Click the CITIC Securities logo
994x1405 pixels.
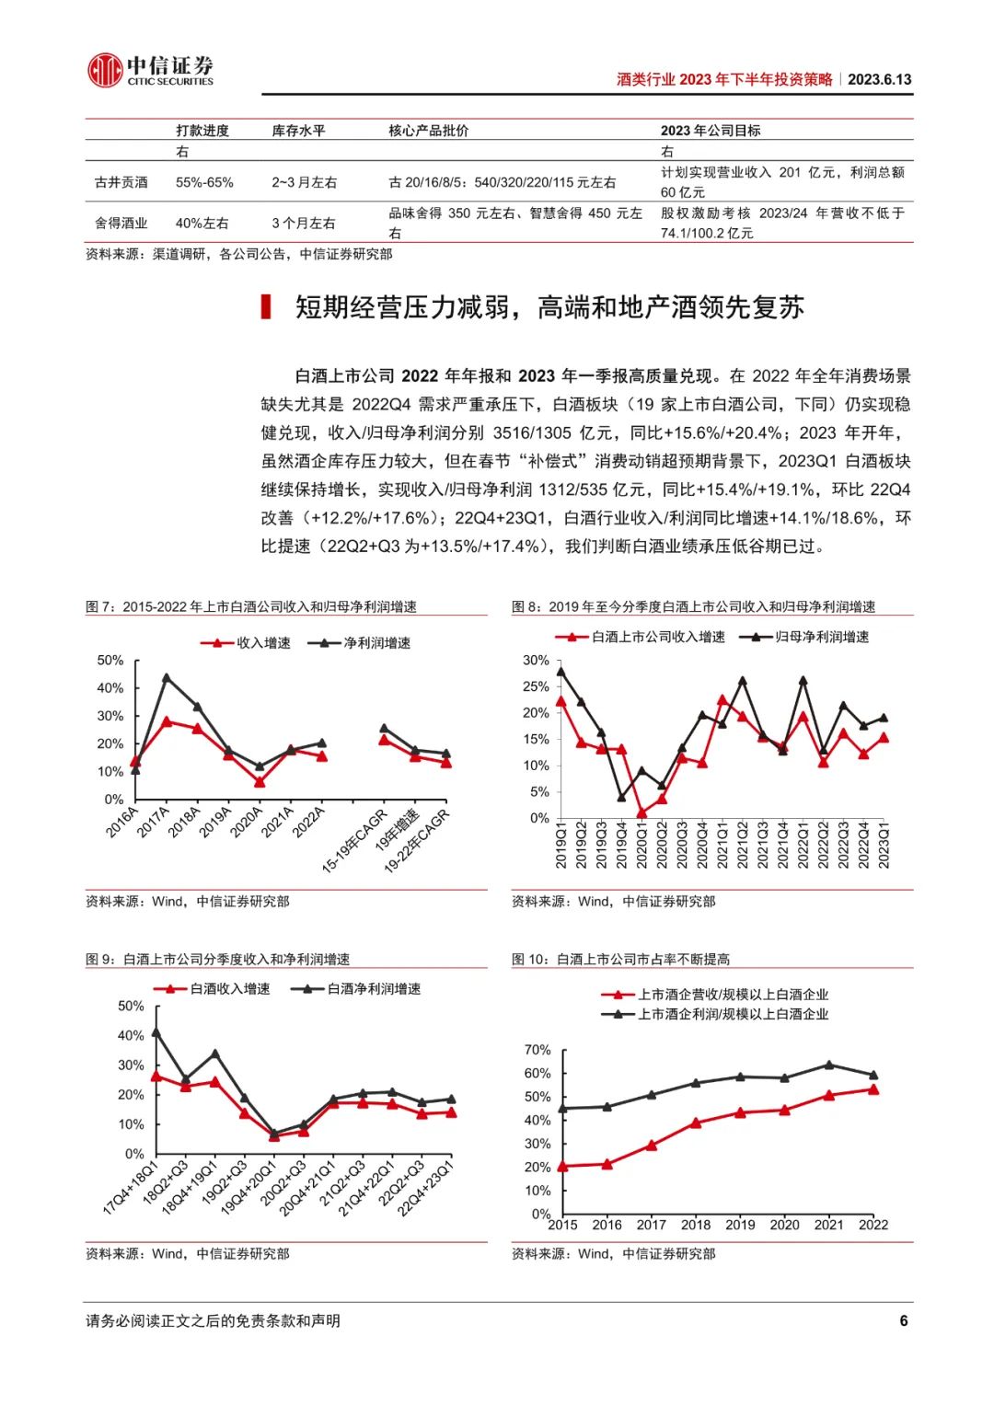tap(150, 69)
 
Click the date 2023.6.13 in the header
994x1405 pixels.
tap(879, 79)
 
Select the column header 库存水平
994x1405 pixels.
tap(298, 131)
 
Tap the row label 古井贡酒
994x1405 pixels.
tap(121, 182)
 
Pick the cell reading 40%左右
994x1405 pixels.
tap(202, 223)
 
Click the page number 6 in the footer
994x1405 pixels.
tap(904, 1320)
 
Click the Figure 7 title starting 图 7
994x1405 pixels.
tap(250, 606)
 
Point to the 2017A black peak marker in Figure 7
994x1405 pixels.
tap(167, 678)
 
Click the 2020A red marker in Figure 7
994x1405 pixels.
tap(260, 782)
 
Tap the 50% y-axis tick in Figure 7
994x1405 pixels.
tap(110, 661)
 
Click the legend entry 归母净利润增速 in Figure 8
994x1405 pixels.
tap(811, 637)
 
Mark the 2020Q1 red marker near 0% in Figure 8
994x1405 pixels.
tap(641, 813)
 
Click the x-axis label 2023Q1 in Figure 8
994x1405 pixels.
tap(885, 845)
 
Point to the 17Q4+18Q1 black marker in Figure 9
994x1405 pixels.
tap(156, 1032)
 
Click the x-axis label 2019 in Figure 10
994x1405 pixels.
tap(740, 1225)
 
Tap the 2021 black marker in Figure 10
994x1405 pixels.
tap(829, 1065)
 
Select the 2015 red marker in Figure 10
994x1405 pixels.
tap(563, 1167)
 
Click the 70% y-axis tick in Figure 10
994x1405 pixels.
tap(537, 1050)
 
